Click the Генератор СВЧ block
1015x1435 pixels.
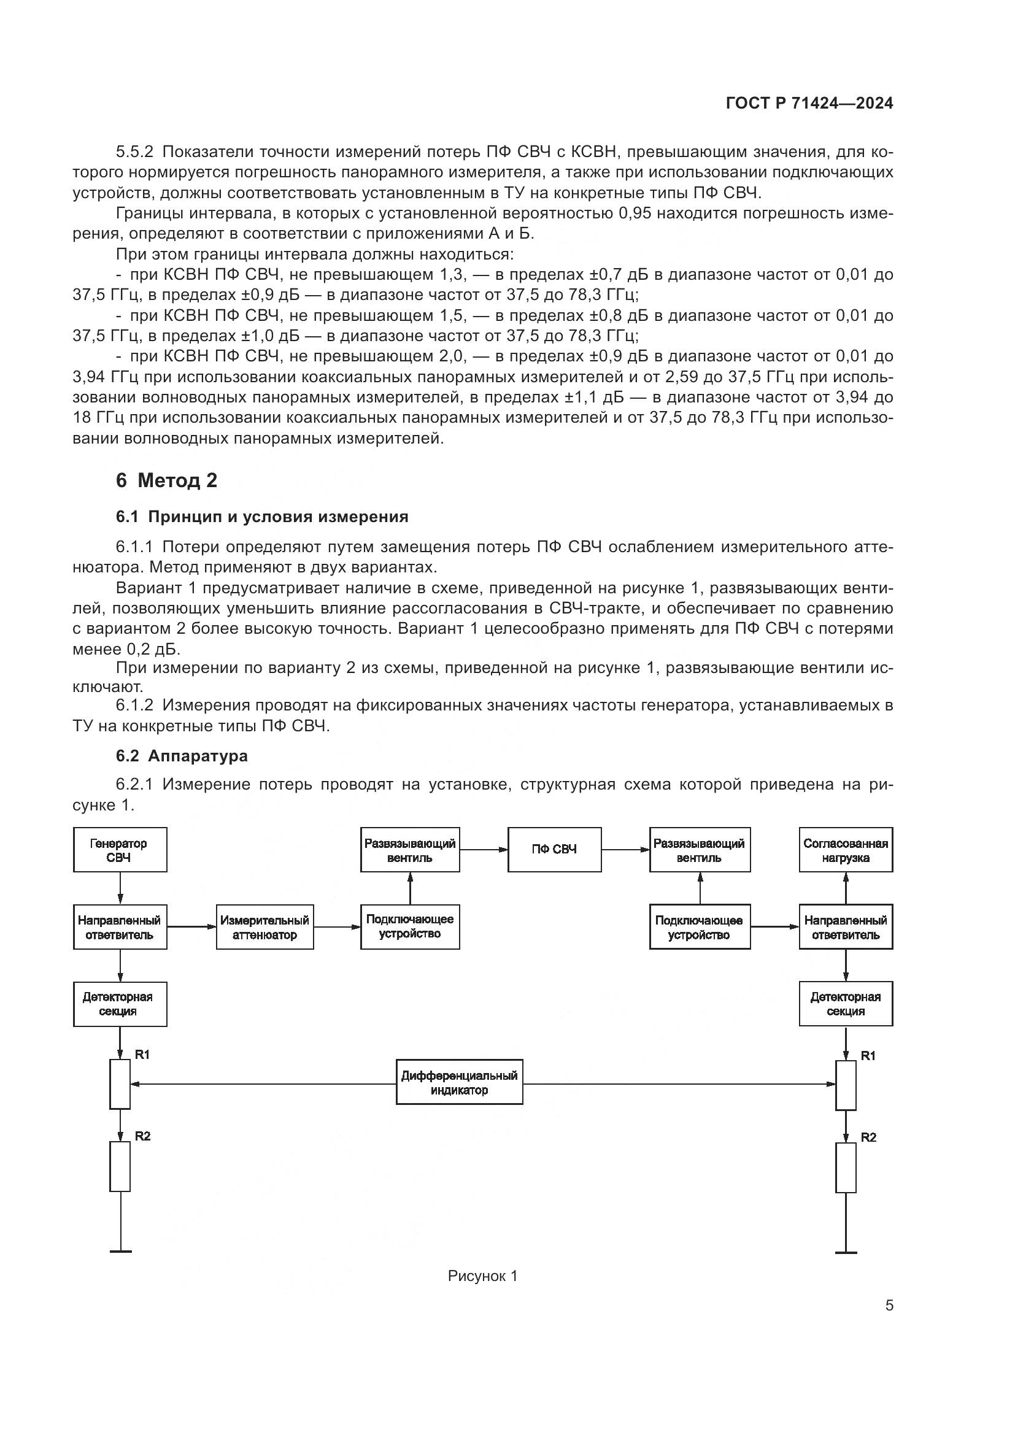[120, 850]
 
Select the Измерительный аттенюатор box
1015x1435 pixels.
[265, 928]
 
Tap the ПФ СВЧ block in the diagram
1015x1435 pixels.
[554, 849]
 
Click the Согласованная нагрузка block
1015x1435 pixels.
[846, 850]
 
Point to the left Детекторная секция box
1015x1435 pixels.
[120, 1004]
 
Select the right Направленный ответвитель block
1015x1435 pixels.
[846, 928]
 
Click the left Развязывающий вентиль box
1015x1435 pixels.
[410, 850]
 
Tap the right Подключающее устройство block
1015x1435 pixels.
[700, 928]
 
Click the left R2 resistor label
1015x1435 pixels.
[142, 1136]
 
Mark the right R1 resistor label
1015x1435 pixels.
[868, 1056]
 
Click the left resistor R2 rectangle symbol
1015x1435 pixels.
[120, 1166]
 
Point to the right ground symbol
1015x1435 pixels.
[846, 1252]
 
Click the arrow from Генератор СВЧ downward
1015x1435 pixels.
[120, 888]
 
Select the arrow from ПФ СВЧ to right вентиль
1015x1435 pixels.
[625, 849]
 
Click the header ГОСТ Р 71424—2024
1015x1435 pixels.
[809, 104]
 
